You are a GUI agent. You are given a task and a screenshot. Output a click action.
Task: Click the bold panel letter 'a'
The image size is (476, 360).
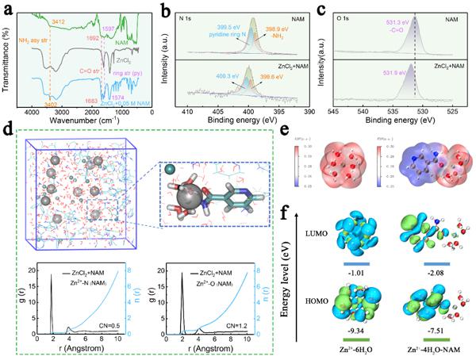(x=7, y=9)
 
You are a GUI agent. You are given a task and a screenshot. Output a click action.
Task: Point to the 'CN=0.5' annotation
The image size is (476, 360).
(x=109, y=324)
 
